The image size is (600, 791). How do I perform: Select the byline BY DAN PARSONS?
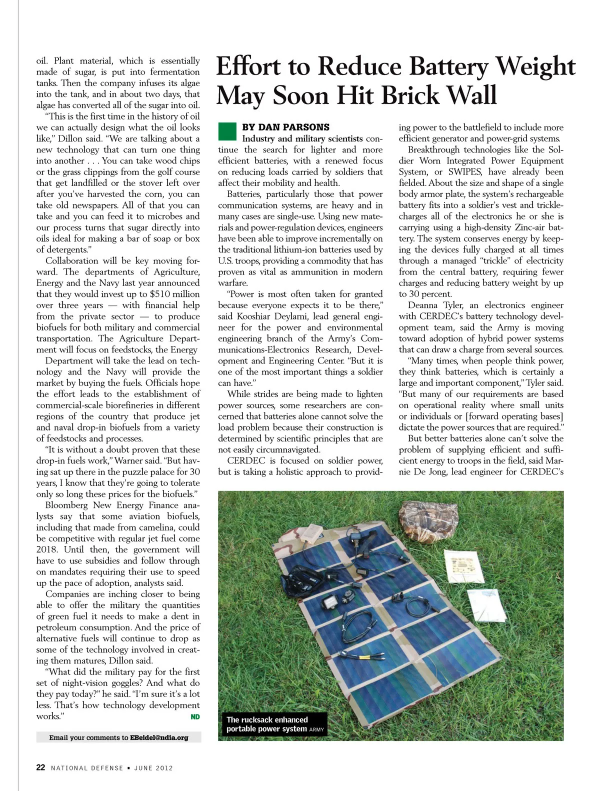285,127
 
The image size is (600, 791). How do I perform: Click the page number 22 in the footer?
40,767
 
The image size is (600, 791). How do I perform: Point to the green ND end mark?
195,717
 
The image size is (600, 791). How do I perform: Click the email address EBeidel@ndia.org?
159,737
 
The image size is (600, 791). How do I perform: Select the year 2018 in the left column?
46,549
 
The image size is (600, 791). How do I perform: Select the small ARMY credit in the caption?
316,729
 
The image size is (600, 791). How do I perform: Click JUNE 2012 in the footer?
153,768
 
